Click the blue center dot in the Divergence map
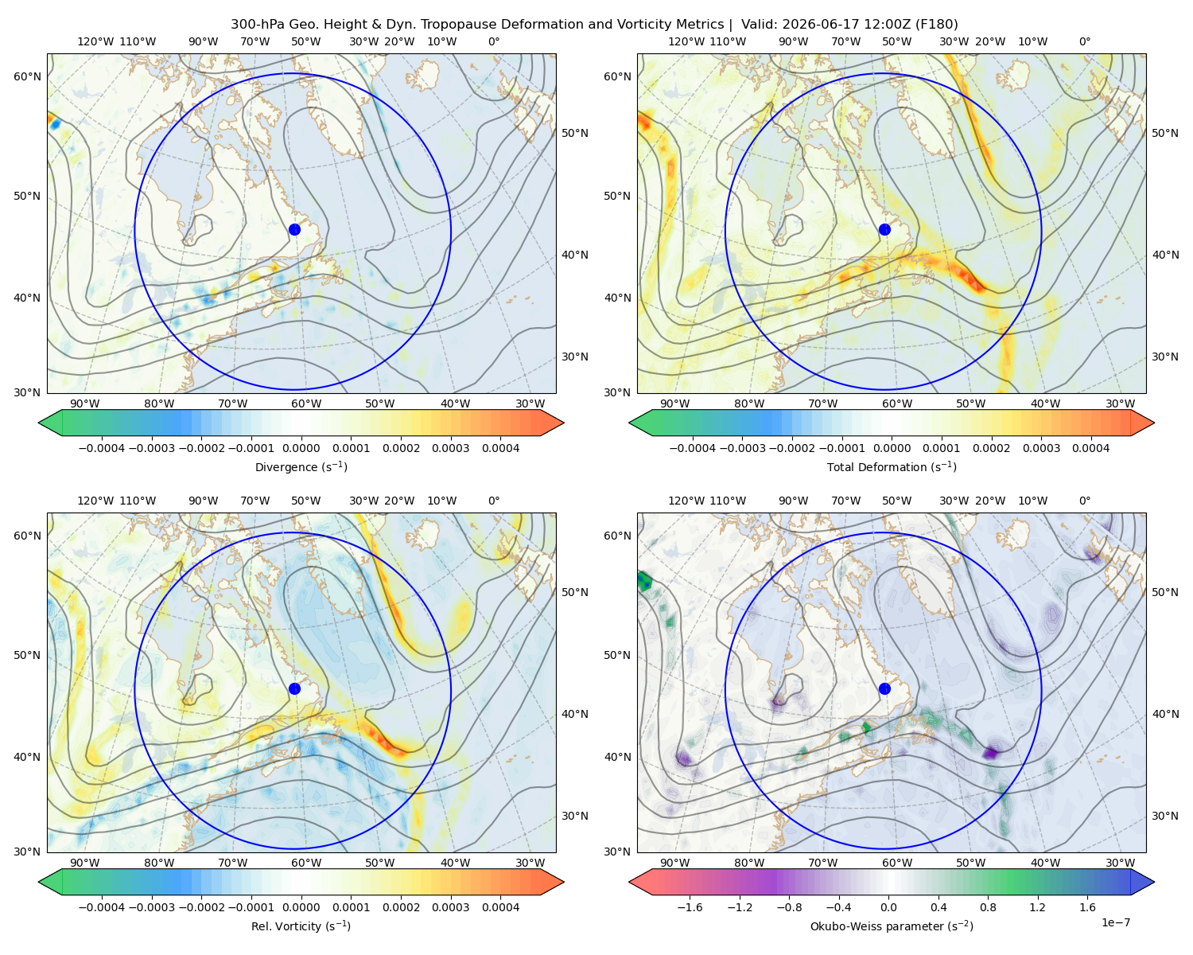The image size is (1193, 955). pos(294,229)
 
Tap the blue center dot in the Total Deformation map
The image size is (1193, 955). pos(884,229)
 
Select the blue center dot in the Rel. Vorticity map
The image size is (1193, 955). pos(294,688)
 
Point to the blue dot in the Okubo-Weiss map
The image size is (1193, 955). pos(884,688)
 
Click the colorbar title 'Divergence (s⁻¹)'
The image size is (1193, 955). pos(301,466)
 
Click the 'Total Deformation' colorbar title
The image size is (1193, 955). pos(892,466)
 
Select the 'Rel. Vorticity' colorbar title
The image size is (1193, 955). pos(301,926)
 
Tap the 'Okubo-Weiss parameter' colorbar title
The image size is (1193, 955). pos(892,926)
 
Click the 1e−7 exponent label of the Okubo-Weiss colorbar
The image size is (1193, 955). pos(1115,922)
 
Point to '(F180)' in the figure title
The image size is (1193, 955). pos(938,25)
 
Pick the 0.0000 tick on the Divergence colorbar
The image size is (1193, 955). pos(301,448)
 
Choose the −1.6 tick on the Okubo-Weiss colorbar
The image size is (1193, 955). pos(690,907)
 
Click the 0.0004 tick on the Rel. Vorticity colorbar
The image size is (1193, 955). pos(500,907)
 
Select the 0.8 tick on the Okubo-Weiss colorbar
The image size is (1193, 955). pos(988,907)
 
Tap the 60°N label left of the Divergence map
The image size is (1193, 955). pos(27,76)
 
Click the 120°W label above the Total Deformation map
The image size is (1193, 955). pos(686,41)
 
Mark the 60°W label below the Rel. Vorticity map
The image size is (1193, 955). pos(306,863)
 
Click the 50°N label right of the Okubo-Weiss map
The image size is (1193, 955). pos(1165,592)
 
